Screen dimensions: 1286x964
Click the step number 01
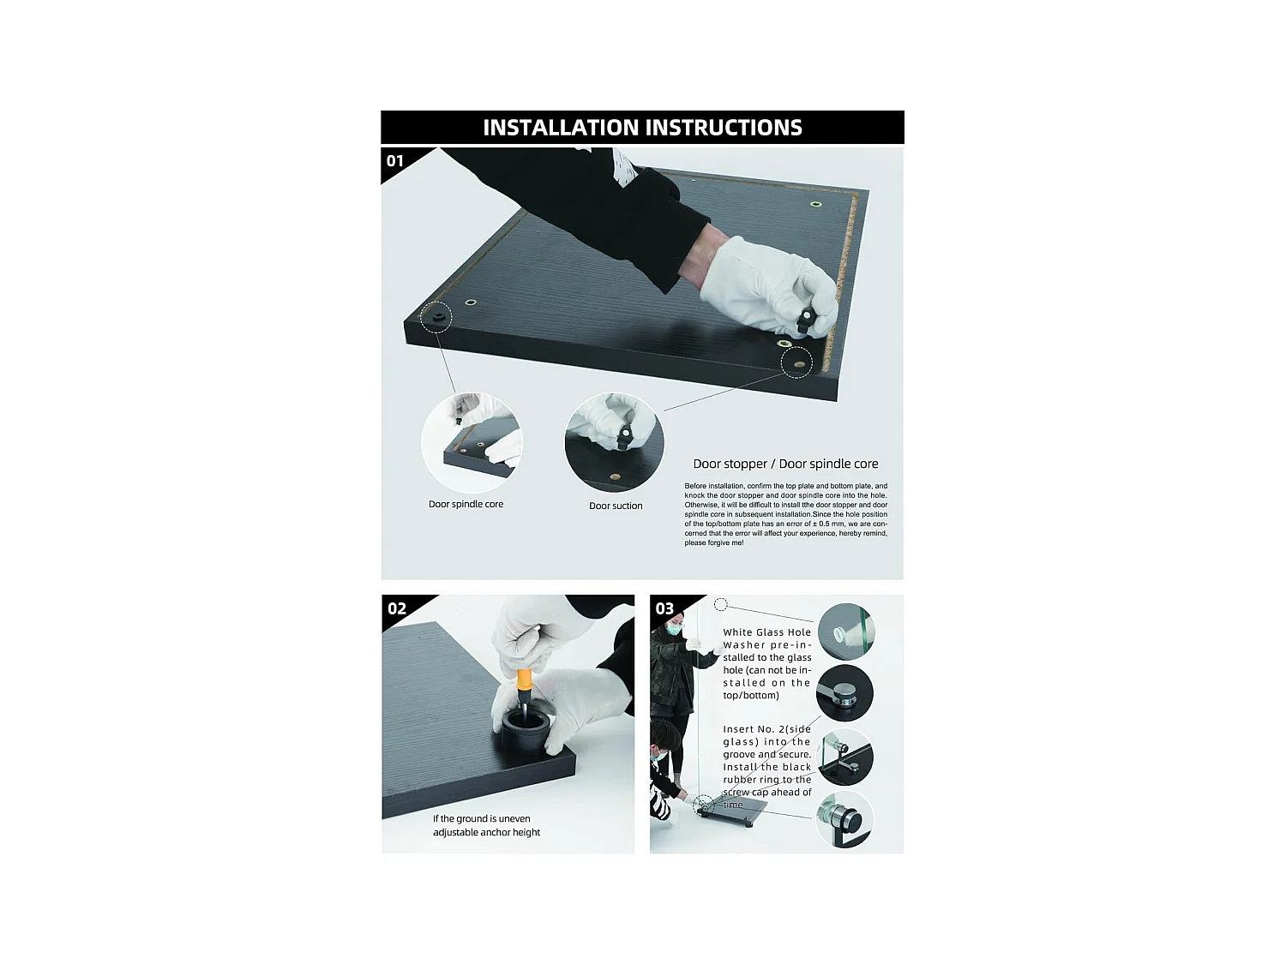coord(395,161)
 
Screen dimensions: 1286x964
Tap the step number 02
coord(397,608)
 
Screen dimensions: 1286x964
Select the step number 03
coord(664,608)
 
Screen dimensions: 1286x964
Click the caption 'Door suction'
coord(616,506)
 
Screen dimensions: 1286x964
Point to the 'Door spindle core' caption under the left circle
coord(466,504)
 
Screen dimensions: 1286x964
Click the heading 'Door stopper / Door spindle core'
coord(785,464)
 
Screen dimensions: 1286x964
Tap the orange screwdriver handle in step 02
coord(524,682)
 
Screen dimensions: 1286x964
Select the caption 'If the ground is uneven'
coord(481,819)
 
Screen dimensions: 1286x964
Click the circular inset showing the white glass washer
coord(845,632)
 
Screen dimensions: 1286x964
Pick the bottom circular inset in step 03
coord(844,820)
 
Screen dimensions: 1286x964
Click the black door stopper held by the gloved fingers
coord(806,320)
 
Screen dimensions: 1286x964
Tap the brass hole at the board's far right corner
coord(815,204)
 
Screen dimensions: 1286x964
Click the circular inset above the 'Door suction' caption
coord(615,442)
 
